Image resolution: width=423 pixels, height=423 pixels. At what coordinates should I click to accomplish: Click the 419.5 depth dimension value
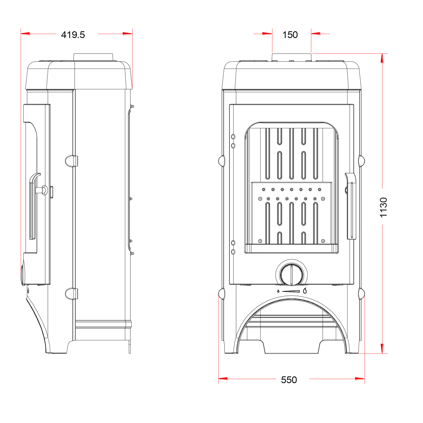click(x=73, y=35)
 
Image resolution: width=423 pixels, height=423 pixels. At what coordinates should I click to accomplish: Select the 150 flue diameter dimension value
click(x=290, y=35)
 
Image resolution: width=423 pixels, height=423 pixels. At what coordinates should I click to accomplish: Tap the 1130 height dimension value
click(x=383, y=208)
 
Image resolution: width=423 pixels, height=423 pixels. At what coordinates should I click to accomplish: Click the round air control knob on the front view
click(x=292, y=275)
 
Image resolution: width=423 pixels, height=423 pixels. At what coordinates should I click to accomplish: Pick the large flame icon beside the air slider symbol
click(x=305, y=291)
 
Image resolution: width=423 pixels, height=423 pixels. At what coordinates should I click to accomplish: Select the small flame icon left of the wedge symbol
click(x=278, y=291)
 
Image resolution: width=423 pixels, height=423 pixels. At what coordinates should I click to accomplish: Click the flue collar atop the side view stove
click(x=93, y=57)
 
